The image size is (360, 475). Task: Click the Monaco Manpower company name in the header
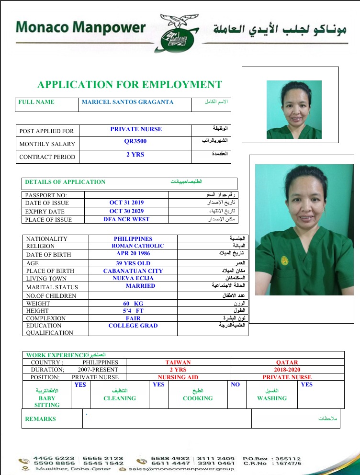point(80,27)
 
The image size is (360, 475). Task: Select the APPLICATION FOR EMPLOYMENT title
point(130,85)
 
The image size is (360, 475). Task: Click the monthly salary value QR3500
point(135,142)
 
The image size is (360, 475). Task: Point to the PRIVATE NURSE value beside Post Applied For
point(136,129)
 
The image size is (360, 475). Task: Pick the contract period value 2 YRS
point(135,155)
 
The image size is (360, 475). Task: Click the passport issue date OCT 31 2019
point(126,203)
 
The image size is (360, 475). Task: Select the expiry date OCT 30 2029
point(126,211)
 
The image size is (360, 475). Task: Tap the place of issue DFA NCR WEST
point(126,219)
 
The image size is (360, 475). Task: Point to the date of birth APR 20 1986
point(134,254)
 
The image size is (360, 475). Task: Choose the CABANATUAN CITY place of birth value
point(133,271)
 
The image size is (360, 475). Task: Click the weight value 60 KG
point(133,304)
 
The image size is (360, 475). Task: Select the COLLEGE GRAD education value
point(133,326)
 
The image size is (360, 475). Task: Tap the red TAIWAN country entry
point(178,362)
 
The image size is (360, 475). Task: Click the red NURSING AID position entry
point(178,377)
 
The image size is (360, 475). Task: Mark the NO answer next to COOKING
point(235,385)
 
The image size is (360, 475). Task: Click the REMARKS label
point(41,419)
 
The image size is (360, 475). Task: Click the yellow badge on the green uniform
point(285,261)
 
